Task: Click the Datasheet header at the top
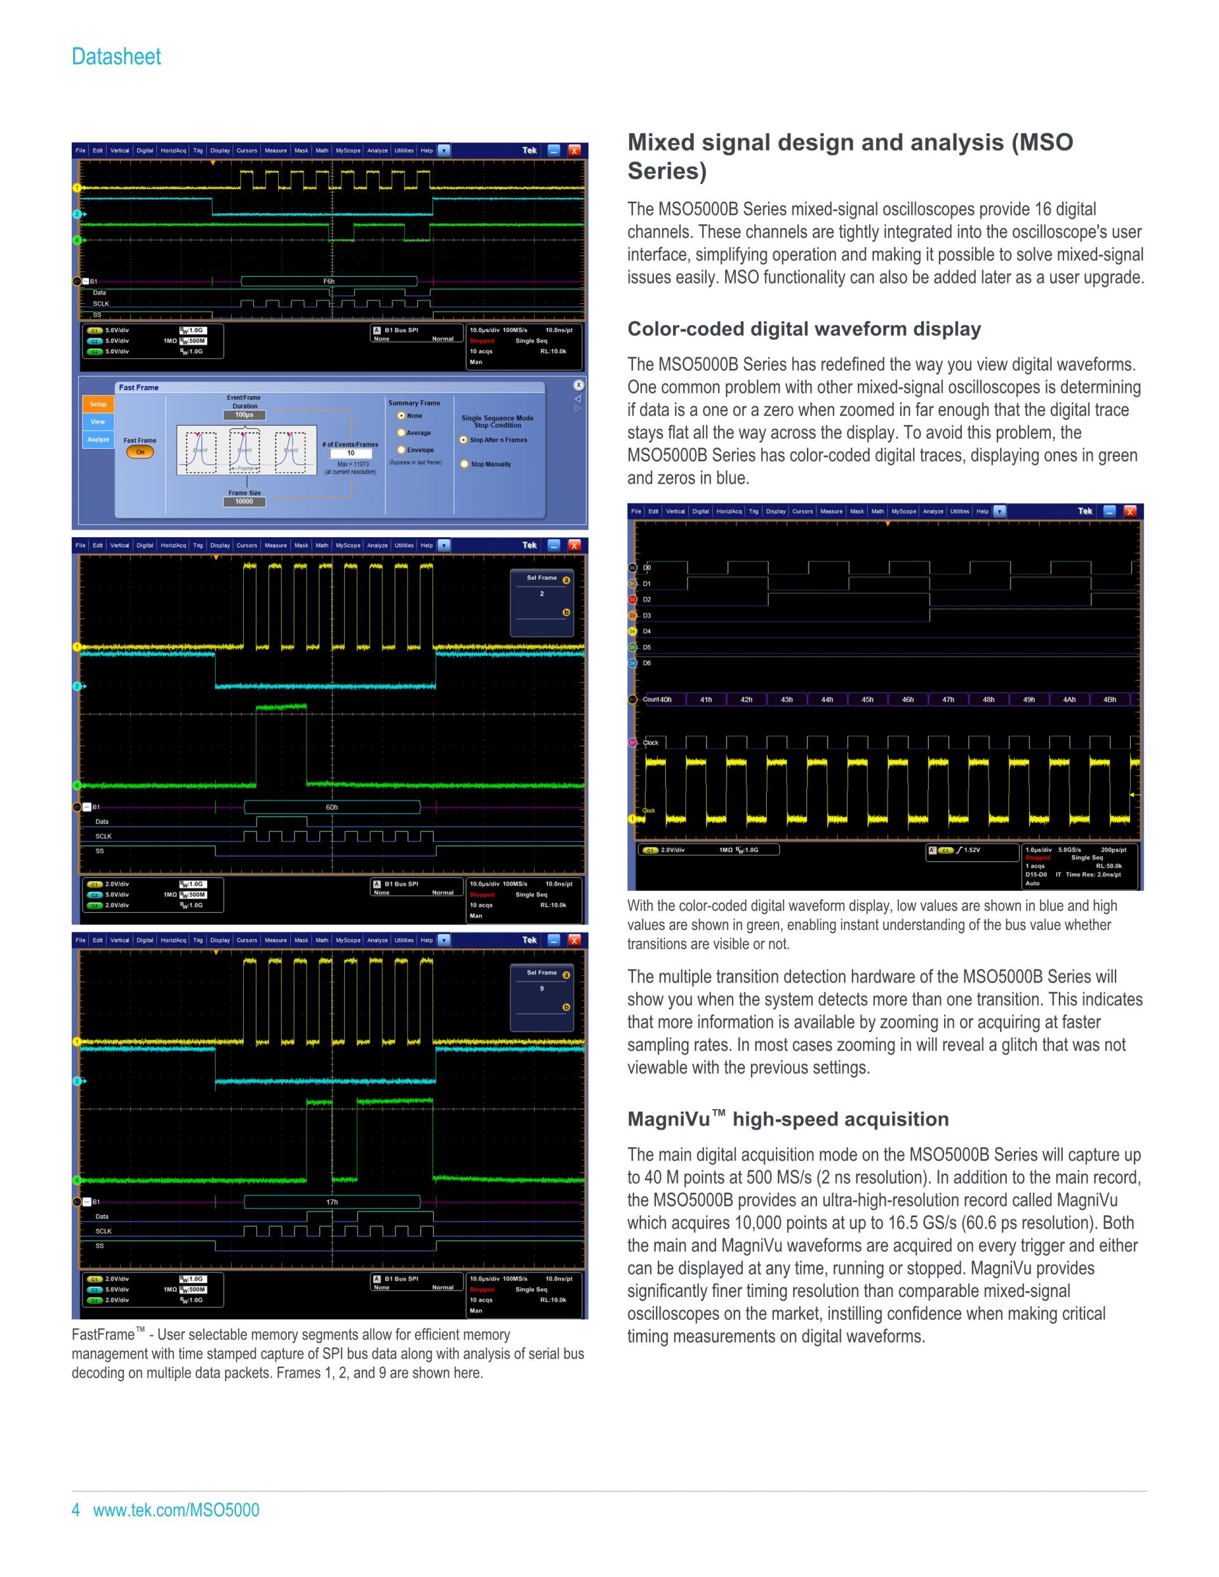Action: click(116, 57)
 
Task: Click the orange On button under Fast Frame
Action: click(140, 452)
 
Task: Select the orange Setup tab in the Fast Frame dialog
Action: click(98, 404)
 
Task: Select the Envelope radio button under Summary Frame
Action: click(401, 450)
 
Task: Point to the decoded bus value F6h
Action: click(329, 282)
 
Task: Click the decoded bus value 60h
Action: click(331, 808)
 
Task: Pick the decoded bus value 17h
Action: click(331, 1202)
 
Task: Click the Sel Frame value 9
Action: click(542, 988)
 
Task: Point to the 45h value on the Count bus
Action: click(867, 700)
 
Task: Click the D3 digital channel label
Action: click(647, 616)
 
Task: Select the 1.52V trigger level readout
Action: click(972, 850)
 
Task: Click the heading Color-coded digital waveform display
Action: click(804, 329)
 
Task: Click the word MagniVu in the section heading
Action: click(669, 1120)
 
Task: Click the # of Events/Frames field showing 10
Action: click(351, 453)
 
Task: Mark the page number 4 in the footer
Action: click(76, 1509)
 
